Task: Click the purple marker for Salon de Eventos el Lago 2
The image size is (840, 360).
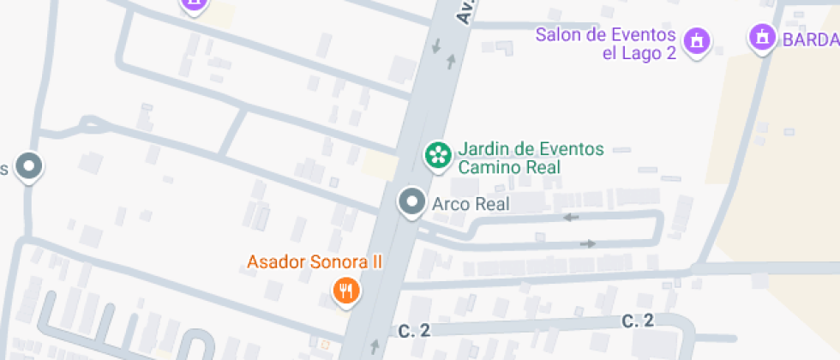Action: [696, 39]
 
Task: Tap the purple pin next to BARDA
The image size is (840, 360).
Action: [760, 38]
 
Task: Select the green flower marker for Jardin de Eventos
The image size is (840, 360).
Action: [439, 155]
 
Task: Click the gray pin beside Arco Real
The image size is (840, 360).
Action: [412, 202]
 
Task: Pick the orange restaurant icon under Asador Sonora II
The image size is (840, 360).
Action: [346, 291]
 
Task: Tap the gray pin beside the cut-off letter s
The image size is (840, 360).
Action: [30, 165]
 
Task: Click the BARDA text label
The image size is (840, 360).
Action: [808, 39]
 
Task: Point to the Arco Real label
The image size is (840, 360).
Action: [471, 203]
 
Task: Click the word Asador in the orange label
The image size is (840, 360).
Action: [274, 261]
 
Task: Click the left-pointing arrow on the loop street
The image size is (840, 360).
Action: [571, 217]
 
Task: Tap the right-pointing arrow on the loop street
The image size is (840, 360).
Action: [588, 243]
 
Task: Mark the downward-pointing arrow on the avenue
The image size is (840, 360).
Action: [437, 45]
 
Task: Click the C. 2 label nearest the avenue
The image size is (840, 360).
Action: [413, 330]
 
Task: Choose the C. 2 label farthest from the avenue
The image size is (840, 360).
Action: [638, 321]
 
